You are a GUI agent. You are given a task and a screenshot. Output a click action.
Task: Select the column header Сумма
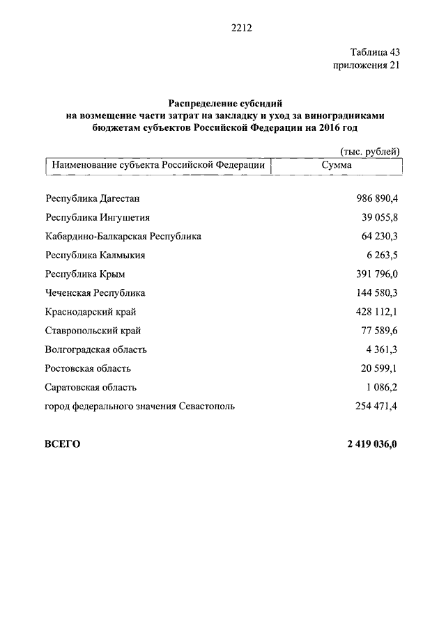coord(337,166)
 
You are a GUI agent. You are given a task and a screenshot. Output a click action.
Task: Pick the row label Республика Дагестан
coord(92,198)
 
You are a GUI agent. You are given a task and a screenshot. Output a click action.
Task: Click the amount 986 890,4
coord(376,198)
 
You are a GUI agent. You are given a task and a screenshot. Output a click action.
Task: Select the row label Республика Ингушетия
coord(98,217)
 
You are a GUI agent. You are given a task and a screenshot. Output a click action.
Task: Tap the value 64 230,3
coord(380,236)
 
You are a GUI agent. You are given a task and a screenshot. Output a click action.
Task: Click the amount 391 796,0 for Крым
coord(376,274)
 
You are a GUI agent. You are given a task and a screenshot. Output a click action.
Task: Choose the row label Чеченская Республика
coord(95,293)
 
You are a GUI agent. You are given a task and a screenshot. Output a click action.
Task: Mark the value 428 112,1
coord(376,312)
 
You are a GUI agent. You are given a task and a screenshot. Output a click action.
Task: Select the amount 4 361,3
coord(383,349)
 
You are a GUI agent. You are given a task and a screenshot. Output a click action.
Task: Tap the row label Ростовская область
coord(88,368)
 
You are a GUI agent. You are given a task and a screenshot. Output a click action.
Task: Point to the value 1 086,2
coord(383,387)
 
